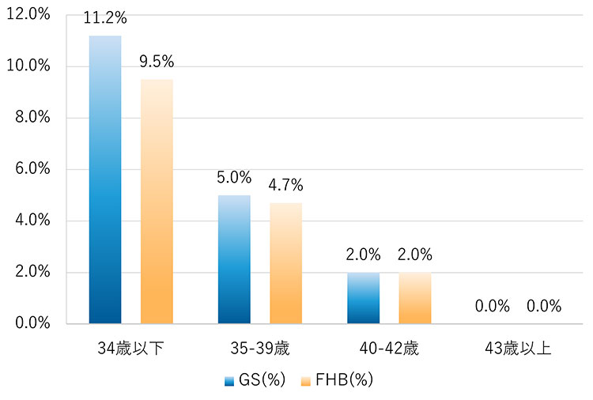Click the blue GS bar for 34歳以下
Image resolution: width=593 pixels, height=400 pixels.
[105, 179]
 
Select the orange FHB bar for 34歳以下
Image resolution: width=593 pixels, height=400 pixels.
[157, 201]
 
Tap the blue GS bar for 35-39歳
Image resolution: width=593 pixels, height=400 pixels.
[234, 259]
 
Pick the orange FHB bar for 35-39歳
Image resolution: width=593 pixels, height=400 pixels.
[285, 263]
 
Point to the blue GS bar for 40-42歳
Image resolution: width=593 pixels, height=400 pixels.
[363, 298]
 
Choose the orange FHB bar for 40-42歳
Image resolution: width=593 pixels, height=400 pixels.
[415, 298]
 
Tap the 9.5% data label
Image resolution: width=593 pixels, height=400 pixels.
[157, 62]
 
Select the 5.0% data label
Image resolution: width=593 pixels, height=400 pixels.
[234, 178]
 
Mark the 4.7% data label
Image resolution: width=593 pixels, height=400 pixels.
[285, 186]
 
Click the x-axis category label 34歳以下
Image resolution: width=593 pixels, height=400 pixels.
[130, 349]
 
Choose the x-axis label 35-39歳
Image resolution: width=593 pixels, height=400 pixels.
[260, 349]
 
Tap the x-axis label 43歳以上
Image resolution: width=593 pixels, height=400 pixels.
[518, 349]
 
